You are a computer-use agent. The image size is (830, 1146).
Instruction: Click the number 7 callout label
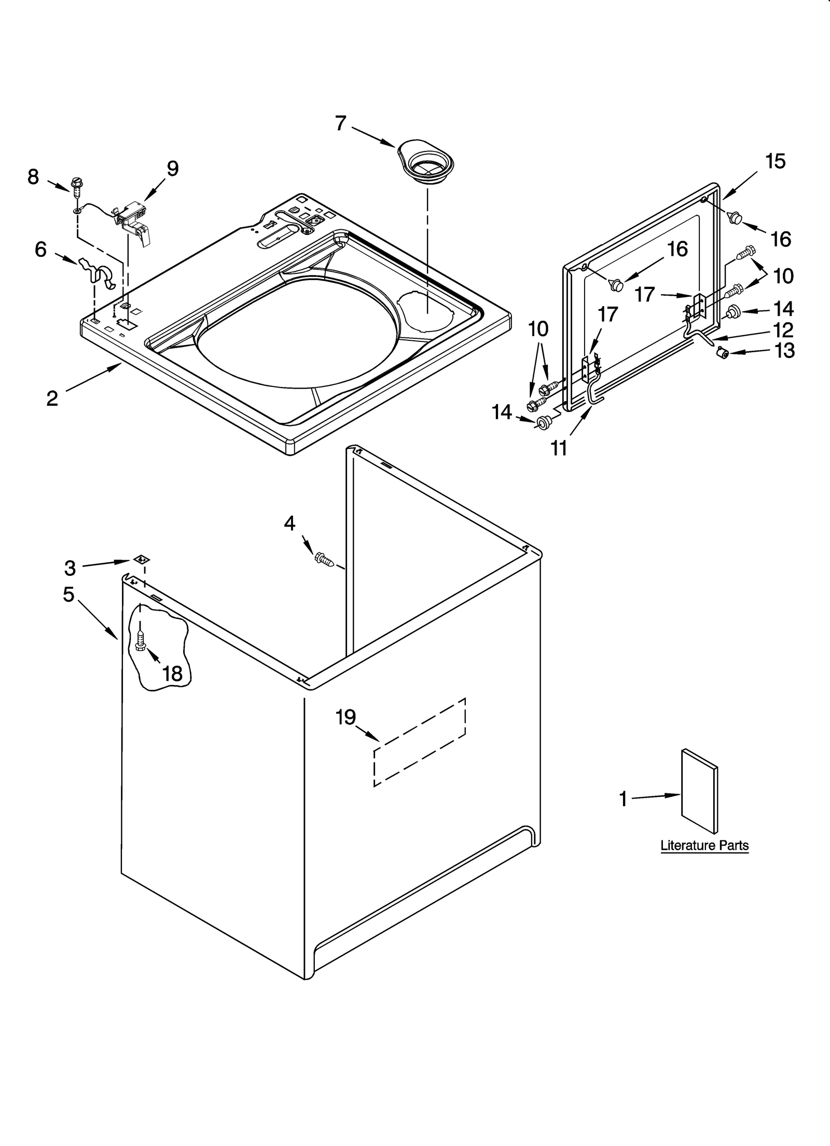pos(340,123)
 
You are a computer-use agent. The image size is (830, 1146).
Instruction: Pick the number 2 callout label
pos(52,398)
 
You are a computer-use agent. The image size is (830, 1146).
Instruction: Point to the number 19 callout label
pos(345,717)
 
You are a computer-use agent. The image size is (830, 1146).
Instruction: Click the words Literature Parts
pos(704,845)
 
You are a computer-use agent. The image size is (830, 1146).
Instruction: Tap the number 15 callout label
pos(775,161)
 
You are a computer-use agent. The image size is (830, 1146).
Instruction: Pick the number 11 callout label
pos(559,448)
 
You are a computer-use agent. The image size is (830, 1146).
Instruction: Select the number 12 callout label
pos(783,330)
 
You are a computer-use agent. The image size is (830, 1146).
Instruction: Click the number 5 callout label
pos(68,595)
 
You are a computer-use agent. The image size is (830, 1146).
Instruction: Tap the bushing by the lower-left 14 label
pos(543,423)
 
